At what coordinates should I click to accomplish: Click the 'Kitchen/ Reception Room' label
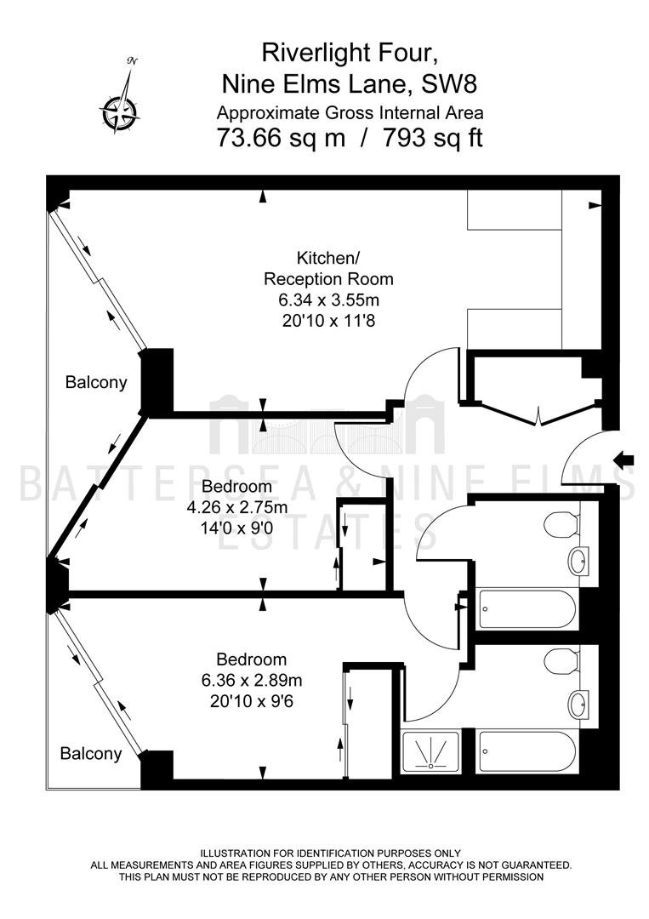tap(328, 268)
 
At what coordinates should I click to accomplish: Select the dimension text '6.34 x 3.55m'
tap(328, 300)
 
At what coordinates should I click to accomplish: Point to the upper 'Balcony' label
tap(96, 383)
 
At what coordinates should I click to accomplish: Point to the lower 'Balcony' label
tap(91, 753)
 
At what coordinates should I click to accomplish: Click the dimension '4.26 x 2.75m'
tap(236, 507)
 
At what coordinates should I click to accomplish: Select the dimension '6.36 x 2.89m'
tap(251, 681)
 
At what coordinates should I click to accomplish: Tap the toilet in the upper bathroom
tap(561, 523)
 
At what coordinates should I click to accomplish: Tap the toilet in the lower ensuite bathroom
tap(561, 661)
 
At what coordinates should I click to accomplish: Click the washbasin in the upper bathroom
tap(580, 560)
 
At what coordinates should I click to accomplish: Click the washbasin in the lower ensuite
tap(580, 705)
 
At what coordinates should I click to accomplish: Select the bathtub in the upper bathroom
tap(527, 609)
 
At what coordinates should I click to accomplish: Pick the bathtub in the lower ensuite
tap(527, 752)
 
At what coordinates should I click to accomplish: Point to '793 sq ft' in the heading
tap(433, 138)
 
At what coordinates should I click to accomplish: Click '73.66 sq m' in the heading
tap(282, 138)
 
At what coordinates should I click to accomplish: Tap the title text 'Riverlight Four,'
tap(350, 54)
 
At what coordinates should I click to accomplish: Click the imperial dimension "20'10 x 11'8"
tap(328, 321)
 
